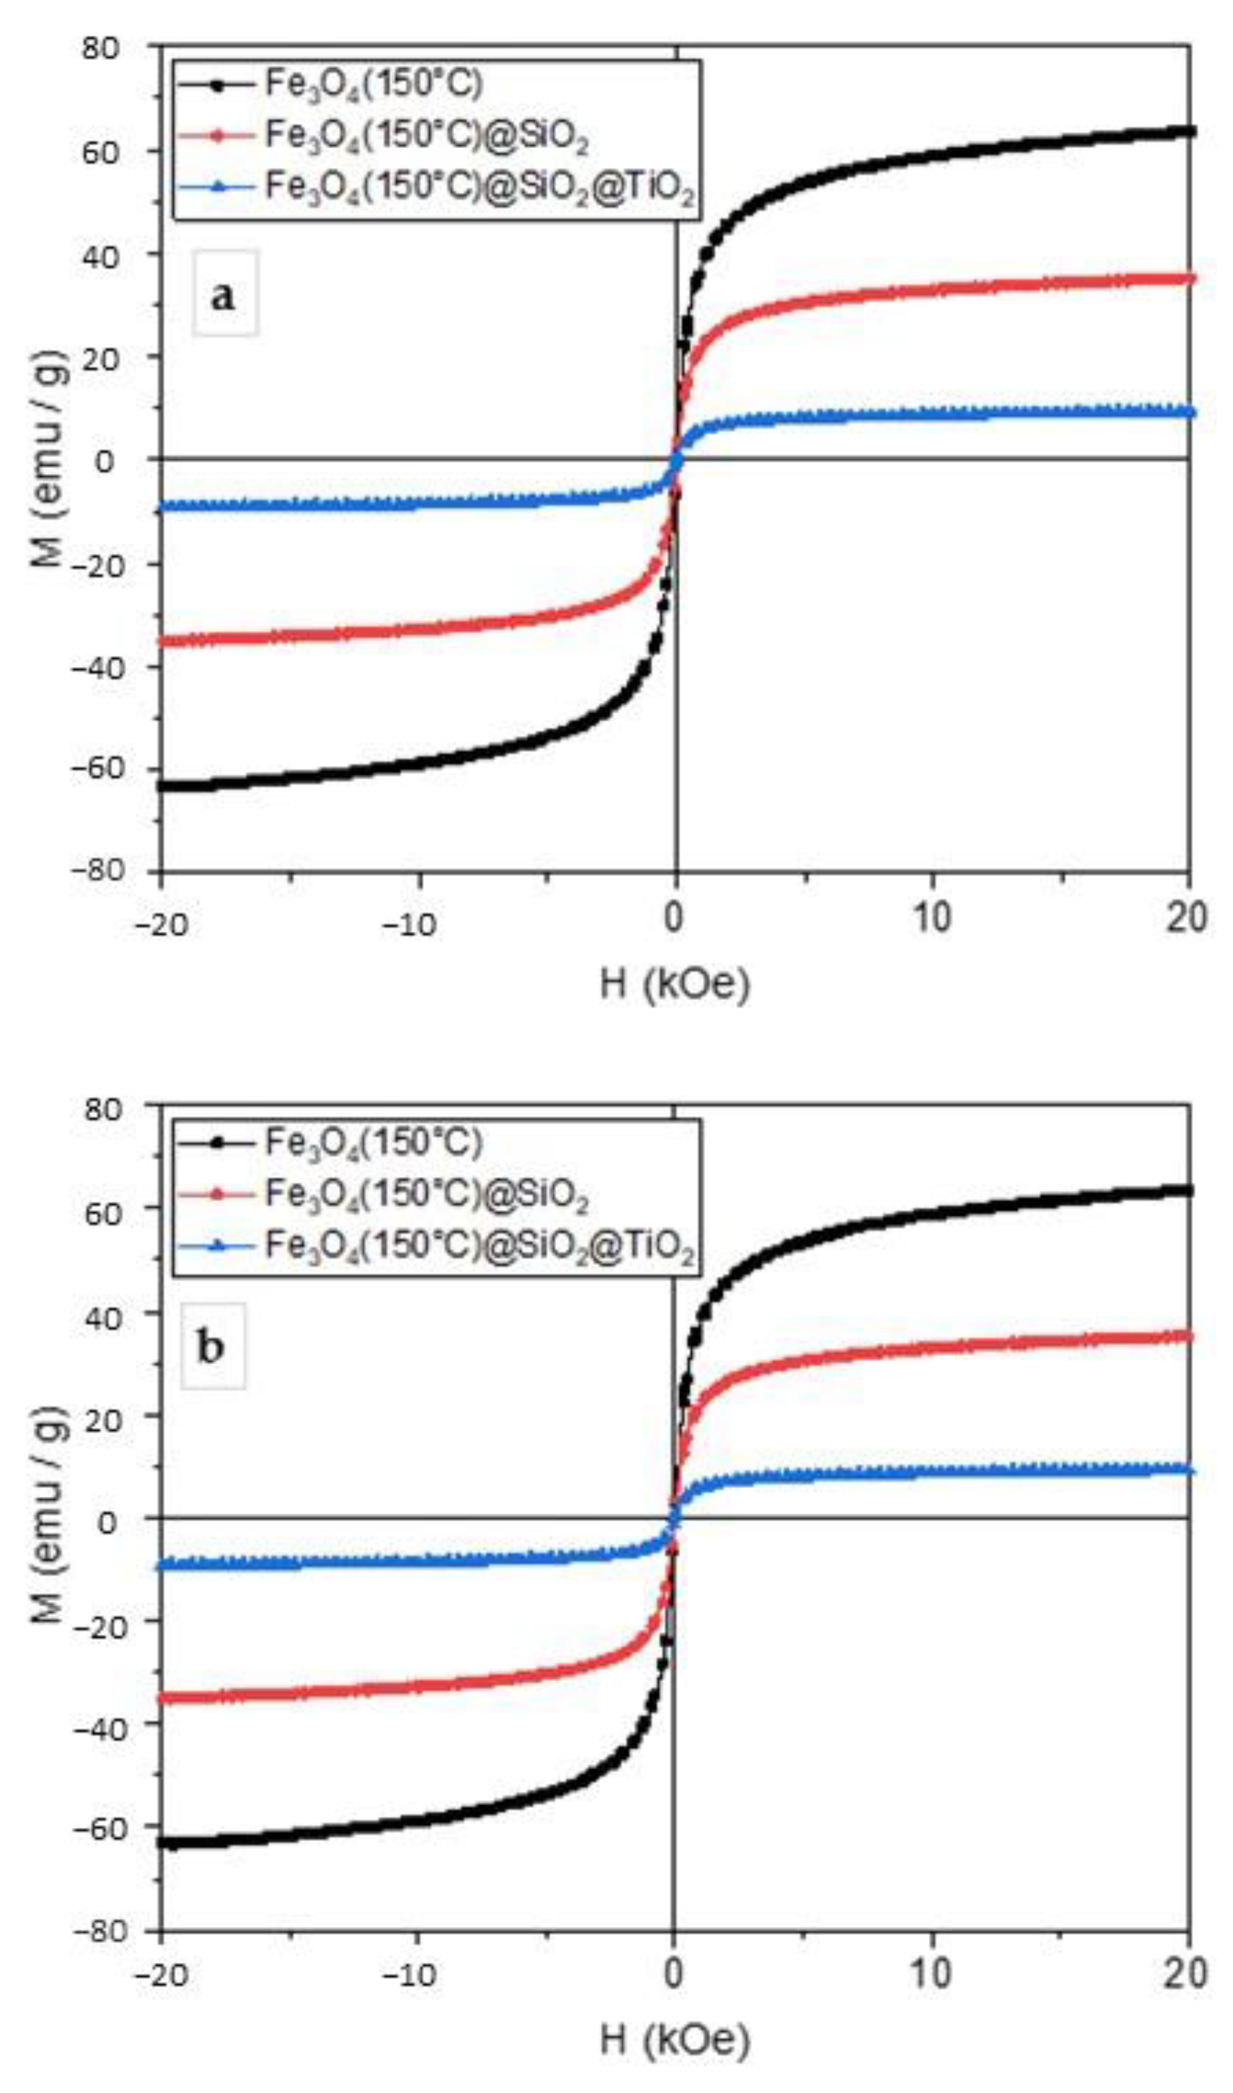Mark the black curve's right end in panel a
[x=1190, y=131]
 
